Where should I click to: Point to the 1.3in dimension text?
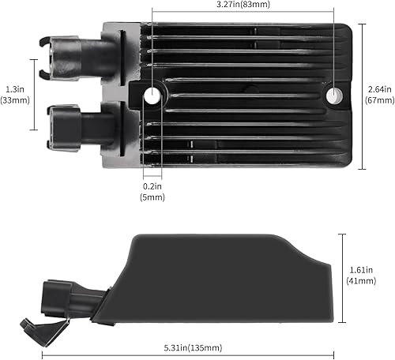click(13, 88)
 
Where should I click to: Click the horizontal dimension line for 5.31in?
click(194, 354)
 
